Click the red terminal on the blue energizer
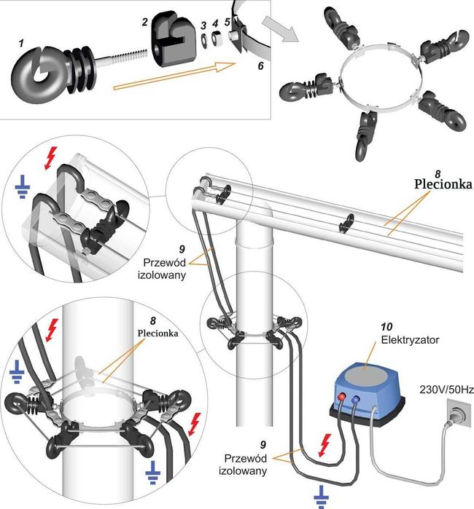click(342, 396)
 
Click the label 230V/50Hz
click(446, 390)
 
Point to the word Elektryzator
click(410, 340)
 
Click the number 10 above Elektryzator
click(386, 326)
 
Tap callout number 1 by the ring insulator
click(21, 43)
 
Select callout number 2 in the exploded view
click(144, 22)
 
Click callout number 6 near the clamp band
click(260, 66)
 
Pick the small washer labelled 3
click(204, 40)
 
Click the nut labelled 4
click(216, 38)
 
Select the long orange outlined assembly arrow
click(174, 76)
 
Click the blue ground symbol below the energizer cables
click(321, 496)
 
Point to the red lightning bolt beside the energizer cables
click(325, 445)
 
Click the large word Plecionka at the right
click(443, 184)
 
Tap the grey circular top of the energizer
click(366, 376)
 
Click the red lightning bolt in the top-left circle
click(51, 158)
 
